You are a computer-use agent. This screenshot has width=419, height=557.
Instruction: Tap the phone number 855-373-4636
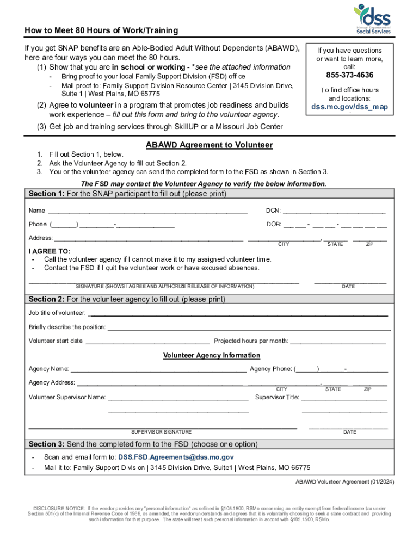click(x=349, y=75)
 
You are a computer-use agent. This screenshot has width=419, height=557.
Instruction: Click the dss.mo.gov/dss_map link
click(x=349, y=107)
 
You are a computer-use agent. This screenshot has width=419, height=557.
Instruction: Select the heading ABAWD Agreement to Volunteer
click(x=209, y=145)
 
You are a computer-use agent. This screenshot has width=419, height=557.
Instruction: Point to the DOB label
click(x=273, y=224)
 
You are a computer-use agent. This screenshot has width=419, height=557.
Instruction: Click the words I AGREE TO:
click(x=50, y=251)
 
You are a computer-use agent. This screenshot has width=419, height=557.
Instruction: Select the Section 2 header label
click(x=46, y=299)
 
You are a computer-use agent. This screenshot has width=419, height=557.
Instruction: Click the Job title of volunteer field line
click(x=238, y=314)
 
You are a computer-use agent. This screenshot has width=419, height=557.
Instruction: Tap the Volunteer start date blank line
click(x=147, y=342)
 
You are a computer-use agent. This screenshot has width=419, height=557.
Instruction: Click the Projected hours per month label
click(x=251, y=341)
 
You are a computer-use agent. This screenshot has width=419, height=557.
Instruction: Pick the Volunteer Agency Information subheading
click(x=212, y=355)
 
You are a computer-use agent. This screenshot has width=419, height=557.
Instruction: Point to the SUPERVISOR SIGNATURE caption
click(x=161, y=432)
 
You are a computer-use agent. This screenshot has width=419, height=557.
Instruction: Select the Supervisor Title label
click(x=277, y=397)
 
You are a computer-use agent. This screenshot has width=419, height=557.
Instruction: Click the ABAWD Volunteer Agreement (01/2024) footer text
click(x=345, y=482)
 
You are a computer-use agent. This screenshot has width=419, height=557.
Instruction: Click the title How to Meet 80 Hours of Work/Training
click(x=101, y=31)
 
